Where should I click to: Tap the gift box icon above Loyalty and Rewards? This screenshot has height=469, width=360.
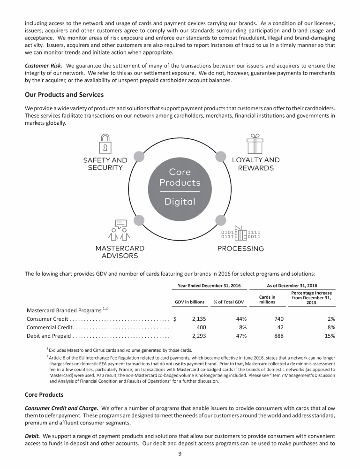[255, 144]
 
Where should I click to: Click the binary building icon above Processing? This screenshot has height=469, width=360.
[240, 233]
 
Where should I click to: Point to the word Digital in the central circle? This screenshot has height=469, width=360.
[180, 202]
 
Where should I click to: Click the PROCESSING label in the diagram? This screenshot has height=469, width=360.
[241, 248]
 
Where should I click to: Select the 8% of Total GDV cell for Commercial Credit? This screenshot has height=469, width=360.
[243, 327]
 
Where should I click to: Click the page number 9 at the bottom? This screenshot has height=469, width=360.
[180, 454]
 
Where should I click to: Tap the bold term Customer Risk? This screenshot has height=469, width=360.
[44, 65]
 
